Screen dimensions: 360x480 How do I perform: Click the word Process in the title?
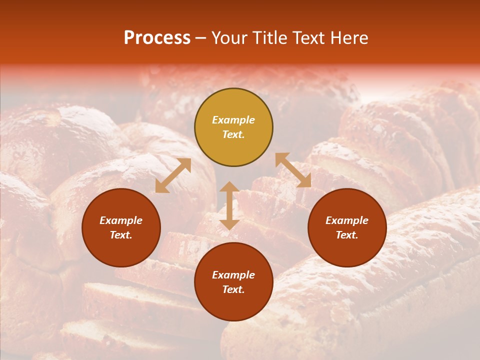point(157,38)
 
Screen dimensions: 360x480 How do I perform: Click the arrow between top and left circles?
point(173,175)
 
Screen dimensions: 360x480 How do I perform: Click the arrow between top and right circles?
point(293,170)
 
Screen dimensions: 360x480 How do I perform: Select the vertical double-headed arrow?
point(229,205)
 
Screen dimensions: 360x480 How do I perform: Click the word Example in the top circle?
point(233,120)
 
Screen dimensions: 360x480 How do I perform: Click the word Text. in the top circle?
point(233,134)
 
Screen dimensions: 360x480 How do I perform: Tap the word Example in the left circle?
point(121,220)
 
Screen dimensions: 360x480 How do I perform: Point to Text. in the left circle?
point(121,235)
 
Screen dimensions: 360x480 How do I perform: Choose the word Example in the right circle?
point(347,220)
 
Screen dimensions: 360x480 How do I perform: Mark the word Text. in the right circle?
point(347,235)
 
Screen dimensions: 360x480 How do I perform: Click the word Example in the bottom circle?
point(233,275)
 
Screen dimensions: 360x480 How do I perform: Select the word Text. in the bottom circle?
point(233,289)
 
